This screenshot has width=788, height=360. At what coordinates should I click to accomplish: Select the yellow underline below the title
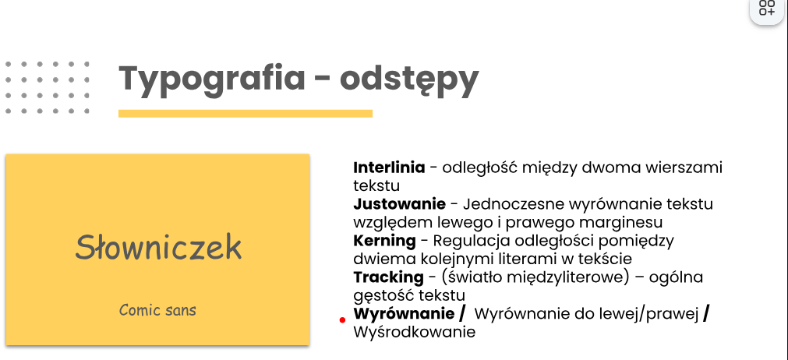[x=246, y=114]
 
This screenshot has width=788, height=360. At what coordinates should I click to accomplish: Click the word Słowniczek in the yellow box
[x=158, y=246]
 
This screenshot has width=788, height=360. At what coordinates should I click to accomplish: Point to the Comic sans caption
[x=157, y=310]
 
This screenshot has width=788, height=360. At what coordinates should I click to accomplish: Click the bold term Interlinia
[x=389, y=168]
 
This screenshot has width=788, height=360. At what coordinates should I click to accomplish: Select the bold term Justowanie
[x=400, y=204]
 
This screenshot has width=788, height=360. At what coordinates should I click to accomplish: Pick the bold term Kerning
[x=384, y=242]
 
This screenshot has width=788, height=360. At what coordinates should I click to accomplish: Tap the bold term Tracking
[x=388, y=277]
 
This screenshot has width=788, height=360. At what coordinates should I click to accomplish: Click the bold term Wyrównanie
[x=404, y=314]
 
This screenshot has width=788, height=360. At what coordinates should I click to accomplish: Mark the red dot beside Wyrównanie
[x=342, y=319]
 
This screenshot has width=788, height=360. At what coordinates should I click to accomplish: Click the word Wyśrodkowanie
[x=415, y=333]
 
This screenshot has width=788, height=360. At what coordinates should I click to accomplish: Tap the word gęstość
[x=384, y=295]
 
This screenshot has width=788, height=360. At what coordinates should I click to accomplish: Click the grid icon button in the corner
[x=767, y=8]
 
